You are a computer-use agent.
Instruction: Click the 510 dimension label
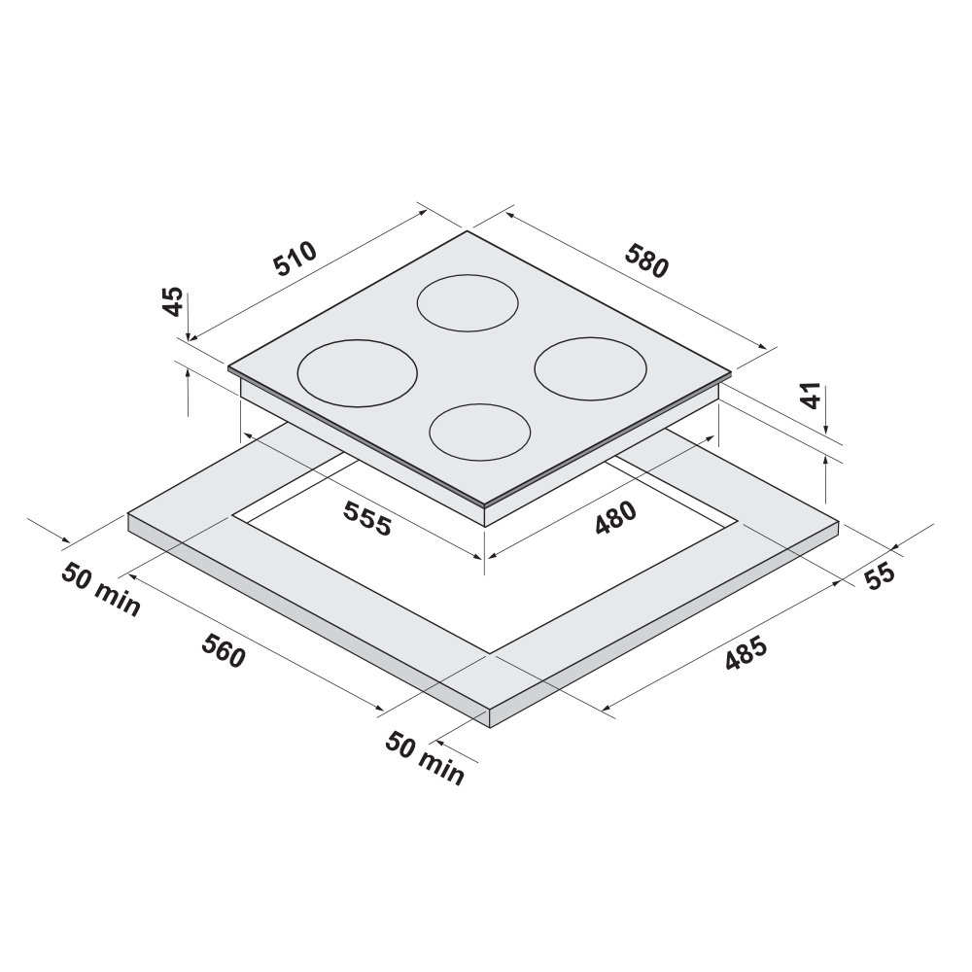click(x=295, y=258)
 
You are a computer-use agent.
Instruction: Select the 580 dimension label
click(x=647, y=260)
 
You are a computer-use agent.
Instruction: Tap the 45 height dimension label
click(x=173, y=301)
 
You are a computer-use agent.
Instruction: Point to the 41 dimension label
click(x=811, y=395)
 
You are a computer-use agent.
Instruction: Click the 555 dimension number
click(x=368, y=518)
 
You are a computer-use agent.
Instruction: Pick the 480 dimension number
click(x=615, y=517)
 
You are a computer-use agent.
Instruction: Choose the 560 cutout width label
click(x=224, y=650)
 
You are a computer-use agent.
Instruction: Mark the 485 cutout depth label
click(x=746, y=654)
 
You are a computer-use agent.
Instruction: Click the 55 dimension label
click(x=880, y=575)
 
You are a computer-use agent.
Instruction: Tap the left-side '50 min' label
click(x=101, y=590)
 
